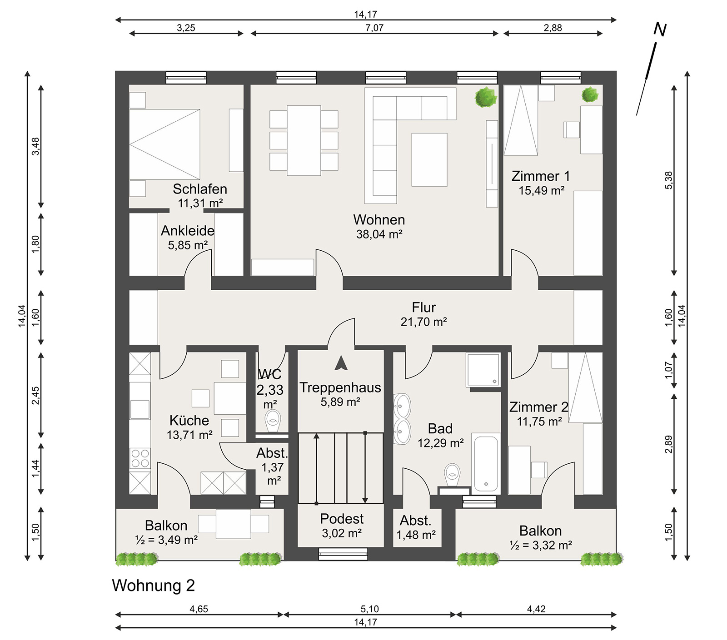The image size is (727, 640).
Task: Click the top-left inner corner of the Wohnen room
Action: [x=251, y=85]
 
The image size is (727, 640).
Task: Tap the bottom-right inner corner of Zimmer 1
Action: [x=603, y=276]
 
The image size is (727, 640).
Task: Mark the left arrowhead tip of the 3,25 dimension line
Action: [x=129, y=33]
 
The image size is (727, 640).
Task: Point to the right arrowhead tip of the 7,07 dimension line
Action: [x=498, y=33]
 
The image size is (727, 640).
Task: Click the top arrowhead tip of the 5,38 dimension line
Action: [x=674, y=85]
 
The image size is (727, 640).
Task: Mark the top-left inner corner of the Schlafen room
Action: [x=129, y=85]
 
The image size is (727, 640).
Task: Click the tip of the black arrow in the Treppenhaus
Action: [x=341, y=357]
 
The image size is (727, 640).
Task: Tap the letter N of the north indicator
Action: [x=660, y=30]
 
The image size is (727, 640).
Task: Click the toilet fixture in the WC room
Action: [x=273, y=421]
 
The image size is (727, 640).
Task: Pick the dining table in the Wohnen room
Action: [x=304, y=140]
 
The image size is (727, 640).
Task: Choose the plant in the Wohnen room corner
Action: [x=486, y=97]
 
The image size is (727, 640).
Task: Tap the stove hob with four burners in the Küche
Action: [x=140, y=458]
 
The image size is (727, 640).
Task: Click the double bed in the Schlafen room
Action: [x=164, y=144]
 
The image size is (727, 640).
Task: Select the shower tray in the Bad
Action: [x=483, y=370]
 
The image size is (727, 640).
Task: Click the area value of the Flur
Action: [x=423, y=322]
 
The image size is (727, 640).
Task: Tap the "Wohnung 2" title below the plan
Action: [x=153, y=585]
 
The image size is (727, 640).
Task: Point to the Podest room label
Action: [x=342, y=519]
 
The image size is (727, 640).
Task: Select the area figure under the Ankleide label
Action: [x=188, y=245]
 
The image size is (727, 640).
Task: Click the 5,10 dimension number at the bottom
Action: [x=369, y=609]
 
